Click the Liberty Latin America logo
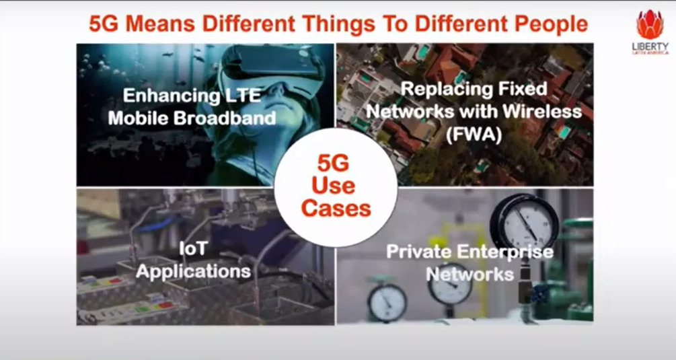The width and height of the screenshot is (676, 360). click(x=650, y=32)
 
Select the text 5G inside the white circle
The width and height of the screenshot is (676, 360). click(x=333, y=164)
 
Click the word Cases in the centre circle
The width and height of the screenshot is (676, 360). click(x=336, y=209)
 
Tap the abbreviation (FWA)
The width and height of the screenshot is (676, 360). click(x=474, y=135)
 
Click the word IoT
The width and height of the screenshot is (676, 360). click(x=193, y=248)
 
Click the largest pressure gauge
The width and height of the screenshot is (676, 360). click(x=525, y=221)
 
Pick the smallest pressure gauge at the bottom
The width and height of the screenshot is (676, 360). click(x=387, y=302)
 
